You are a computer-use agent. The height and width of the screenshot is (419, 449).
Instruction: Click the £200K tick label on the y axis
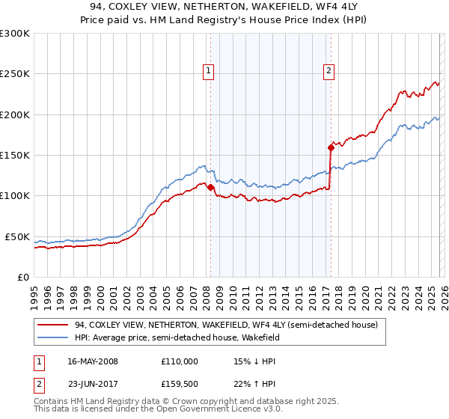tap(15, 115)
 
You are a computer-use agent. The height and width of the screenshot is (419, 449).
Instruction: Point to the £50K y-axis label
tap(17, 236)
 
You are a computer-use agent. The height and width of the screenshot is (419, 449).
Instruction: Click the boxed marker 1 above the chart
tap(208, 72)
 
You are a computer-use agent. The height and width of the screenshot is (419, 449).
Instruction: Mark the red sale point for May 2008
tap(210, 188)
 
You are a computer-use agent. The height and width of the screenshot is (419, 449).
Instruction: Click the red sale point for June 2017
tap(330, 147)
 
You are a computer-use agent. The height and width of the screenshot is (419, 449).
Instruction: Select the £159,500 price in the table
tap(180, 386)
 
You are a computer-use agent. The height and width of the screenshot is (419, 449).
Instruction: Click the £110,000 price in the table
tap(180, 361)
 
